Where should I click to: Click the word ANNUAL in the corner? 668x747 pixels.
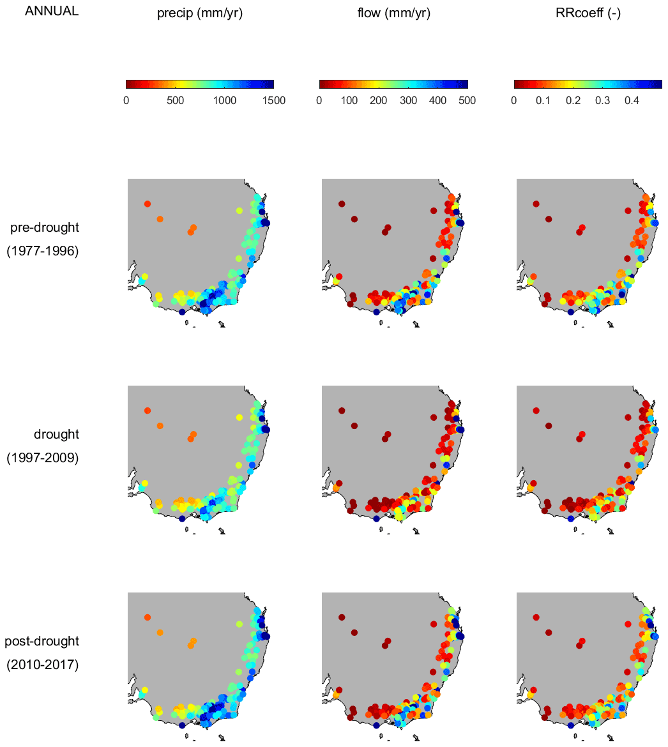point(51,11)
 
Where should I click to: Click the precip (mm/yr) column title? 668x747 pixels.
point(200,13)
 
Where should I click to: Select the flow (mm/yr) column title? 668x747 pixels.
point(393,13)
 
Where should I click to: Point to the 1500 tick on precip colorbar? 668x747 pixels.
point(273,100)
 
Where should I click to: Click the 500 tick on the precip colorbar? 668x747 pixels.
point(175,100)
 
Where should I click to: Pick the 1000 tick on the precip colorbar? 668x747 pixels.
point(224,100)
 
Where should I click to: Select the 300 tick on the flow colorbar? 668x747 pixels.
point(408,100)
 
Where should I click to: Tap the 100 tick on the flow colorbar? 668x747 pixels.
point(349,100)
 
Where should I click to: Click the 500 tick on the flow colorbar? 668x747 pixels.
point(467,100)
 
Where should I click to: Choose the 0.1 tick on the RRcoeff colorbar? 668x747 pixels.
point(543,100)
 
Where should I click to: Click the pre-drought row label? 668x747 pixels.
point(45,228)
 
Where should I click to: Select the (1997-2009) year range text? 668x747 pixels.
point(43,458)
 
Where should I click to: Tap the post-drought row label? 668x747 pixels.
point(42,641)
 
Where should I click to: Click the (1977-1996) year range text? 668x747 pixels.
point(43,252)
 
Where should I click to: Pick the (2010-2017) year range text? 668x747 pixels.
point(43,665)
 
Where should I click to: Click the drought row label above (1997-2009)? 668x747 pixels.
point(56,434)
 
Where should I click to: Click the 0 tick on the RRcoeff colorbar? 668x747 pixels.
point(514,100)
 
